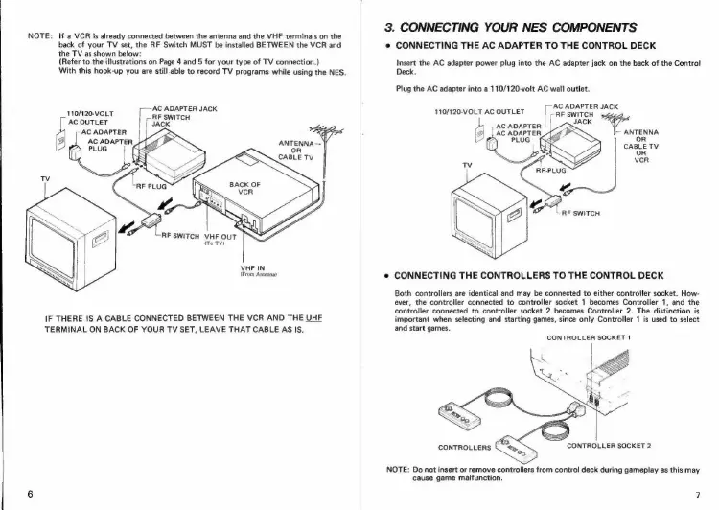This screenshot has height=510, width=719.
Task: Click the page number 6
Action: click(32, 493)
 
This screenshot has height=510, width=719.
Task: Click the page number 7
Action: click(698, 494)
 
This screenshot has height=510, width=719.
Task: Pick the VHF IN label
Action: click(253, 267)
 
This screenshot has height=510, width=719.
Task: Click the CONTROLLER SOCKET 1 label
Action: click(586, 337)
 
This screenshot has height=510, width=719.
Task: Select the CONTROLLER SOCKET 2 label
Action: click(610, 444)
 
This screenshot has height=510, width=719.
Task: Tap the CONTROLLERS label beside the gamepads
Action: click(464, 448)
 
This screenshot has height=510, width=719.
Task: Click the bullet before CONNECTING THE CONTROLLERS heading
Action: click(385, 273)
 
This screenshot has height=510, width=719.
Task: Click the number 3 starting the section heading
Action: click(387, 26)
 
